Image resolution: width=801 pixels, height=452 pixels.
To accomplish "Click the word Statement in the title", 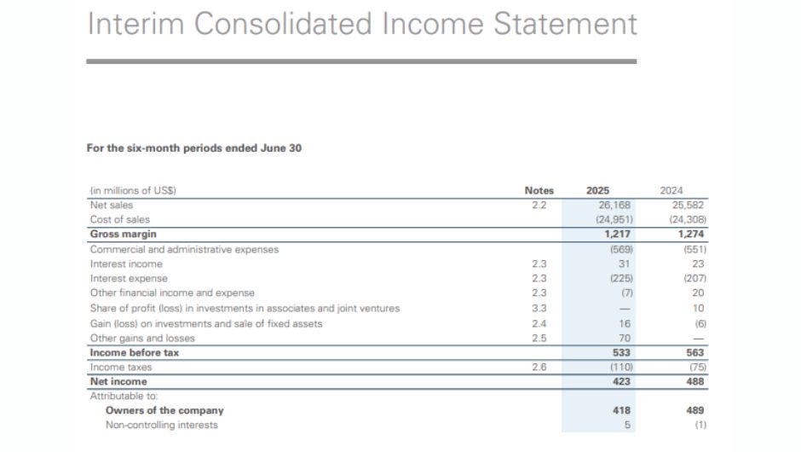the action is (566, 24).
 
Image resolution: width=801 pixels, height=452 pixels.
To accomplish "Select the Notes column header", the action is (539, 190).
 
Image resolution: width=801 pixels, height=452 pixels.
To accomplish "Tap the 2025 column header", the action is (597, 190).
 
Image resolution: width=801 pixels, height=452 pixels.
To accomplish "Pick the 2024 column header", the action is (671, 190).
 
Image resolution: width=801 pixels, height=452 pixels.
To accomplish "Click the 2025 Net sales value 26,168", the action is (614, 205).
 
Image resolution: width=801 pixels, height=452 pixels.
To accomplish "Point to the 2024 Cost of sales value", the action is (688, 219).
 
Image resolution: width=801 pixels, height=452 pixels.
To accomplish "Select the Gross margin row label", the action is (123, 234).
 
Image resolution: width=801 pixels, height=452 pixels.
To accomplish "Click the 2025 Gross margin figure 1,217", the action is (617, 234).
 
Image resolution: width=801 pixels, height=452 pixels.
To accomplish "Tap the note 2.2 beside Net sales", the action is (539, 205).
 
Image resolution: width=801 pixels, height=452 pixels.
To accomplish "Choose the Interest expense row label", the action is (129, 278).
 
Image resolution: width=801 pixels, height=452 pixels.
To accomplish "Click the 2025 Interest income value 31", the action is (625, 264).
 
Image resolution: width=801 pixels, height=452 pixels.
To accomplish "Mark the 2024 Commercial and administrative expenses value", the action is (694, 250).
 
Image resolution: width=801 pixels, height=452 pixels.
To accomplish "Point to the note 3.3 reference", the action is (539, 309).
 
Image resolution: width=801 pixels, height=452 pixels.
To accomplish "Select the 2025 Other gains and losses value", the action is (625, 338).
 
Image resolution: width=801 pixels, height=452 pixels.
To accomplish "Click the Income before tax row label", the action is (135, 352).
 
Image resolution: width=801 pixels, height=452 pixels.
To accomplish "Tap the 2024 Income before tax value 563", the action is (694, 352).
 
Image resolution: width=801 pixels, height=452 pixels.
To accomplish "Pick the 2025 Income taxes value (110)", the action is (622, 367).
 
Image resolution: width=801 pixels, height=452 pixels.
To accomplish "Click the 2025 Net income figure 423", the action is (621, 381).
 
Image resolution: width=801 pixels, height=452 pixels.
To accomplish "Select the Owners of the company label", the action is (164, 410).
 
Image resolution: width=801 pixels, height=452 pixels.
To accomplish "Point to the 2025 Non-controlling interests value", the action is (627, 425).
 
